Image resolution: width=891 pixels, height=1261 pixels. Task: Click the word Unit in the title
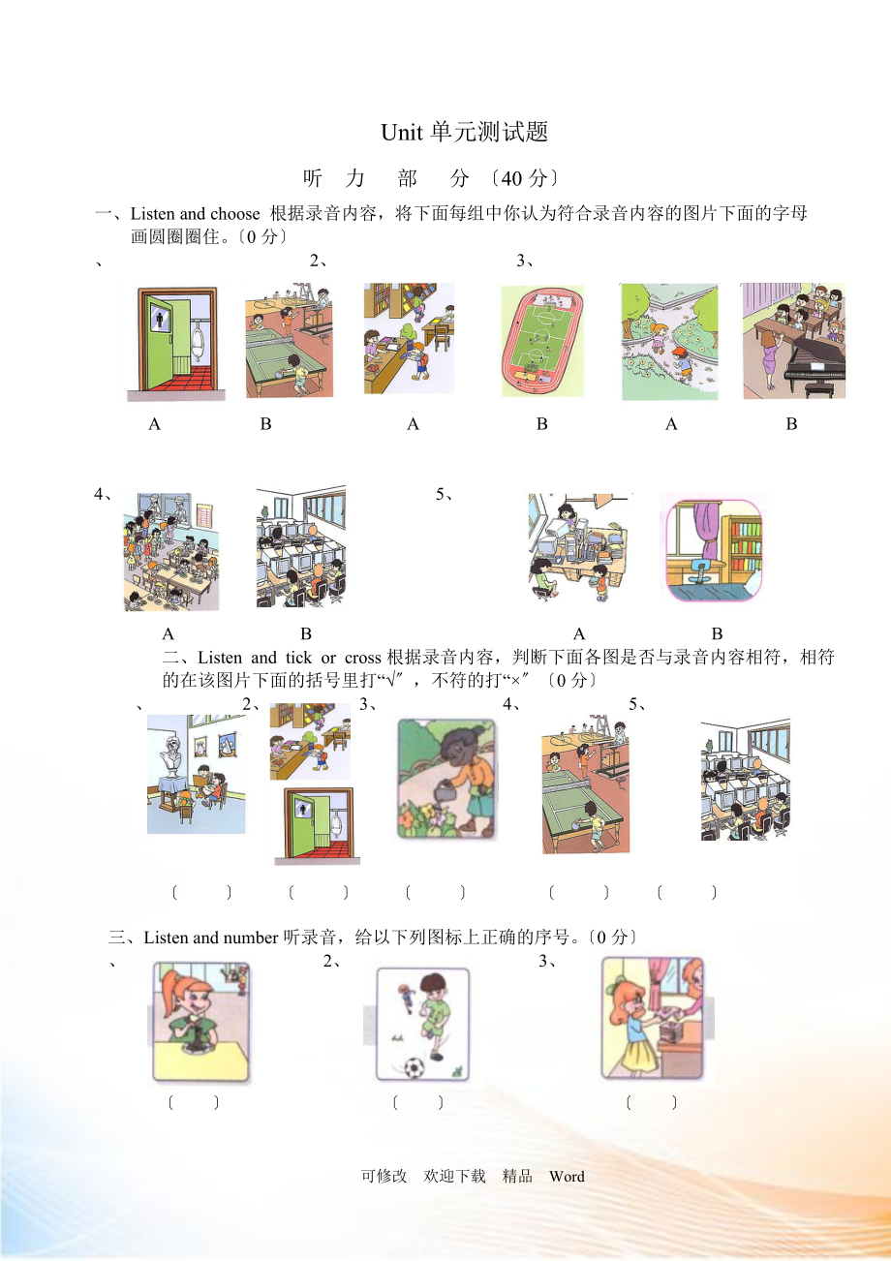coord(401,133)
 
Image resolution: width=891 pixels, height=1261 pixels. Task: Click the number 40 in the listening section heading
coord(511,178)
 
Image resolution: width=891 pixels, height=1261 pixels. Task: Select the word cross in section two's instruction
coord(362,658)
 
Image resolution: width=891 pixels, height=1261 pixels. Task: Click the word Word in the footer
coord(567,1176)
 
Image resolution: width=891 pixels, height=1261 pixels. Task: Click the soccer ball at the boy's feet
coord(415,1066)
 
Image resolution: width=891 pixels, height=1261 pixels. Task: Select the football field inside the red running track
coord(541,338)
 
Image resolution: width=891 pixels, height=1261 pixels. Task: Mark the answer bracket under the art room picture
coord(201,892)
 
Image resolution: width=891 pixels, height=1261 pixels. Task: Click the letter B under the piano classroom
coord(791,424)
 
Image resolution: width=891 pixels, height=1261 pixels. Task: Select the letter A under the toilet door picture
coord(154,424)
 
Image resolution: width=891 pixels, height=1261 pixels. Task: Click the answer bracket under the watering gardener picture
coord(435,892)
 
